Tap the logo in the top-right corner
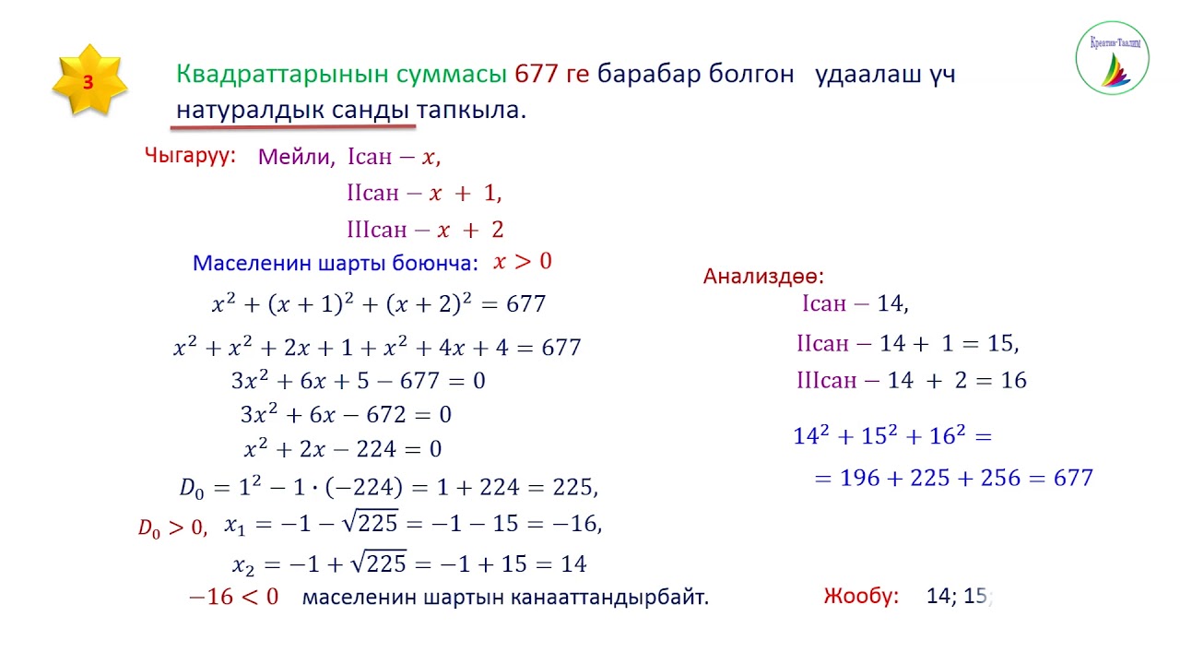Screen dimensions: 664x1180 click(1112, 58)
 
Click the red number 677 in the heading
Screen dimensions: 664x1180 click(537, 75)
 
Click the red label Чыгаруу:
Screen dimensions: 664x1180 click(191, 155)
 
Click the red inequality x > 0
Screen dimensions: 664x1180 click(522, 262)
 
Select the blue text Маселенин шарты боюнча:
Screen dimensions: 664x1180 click(336, 264)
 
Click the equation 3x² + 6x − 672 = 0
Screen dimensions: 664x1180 click(346, 415)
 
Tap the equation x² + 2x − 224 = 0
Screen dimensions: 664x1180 click(343, 450)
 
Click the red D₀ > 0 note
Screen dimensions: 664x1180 click(172, 528)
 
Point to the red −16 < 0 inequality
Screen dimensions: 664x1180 click(233, 597)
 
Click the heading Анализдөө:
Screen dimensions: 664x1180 click(763, 276)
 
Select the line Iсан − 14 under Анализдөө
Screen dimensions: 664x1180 click(855, 304)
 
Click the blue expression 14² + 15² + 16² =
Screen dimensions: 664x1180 click(892, 436)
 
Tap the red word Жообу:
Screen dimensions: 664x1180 click(861, 597)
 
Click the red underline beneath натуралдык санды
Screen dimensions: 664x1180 click(292, 125)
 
